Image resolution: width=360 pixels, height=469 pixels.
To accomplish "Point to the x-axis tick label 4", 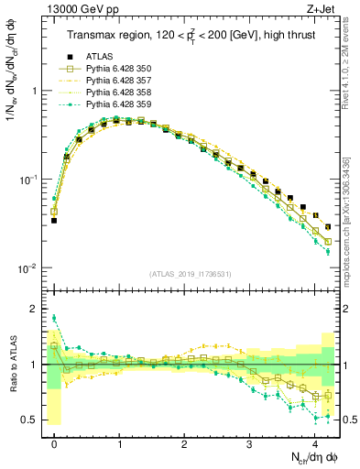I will [314, 442].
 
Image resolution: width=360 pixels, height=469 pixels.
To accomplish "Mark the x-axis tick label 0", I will [54, 442].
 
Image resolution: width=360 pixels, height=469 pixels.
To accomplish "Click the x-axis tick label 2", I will [184, 442].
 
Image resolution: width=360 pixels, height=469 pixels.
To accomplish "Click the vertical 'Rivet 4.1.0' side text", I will [351, 64].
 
